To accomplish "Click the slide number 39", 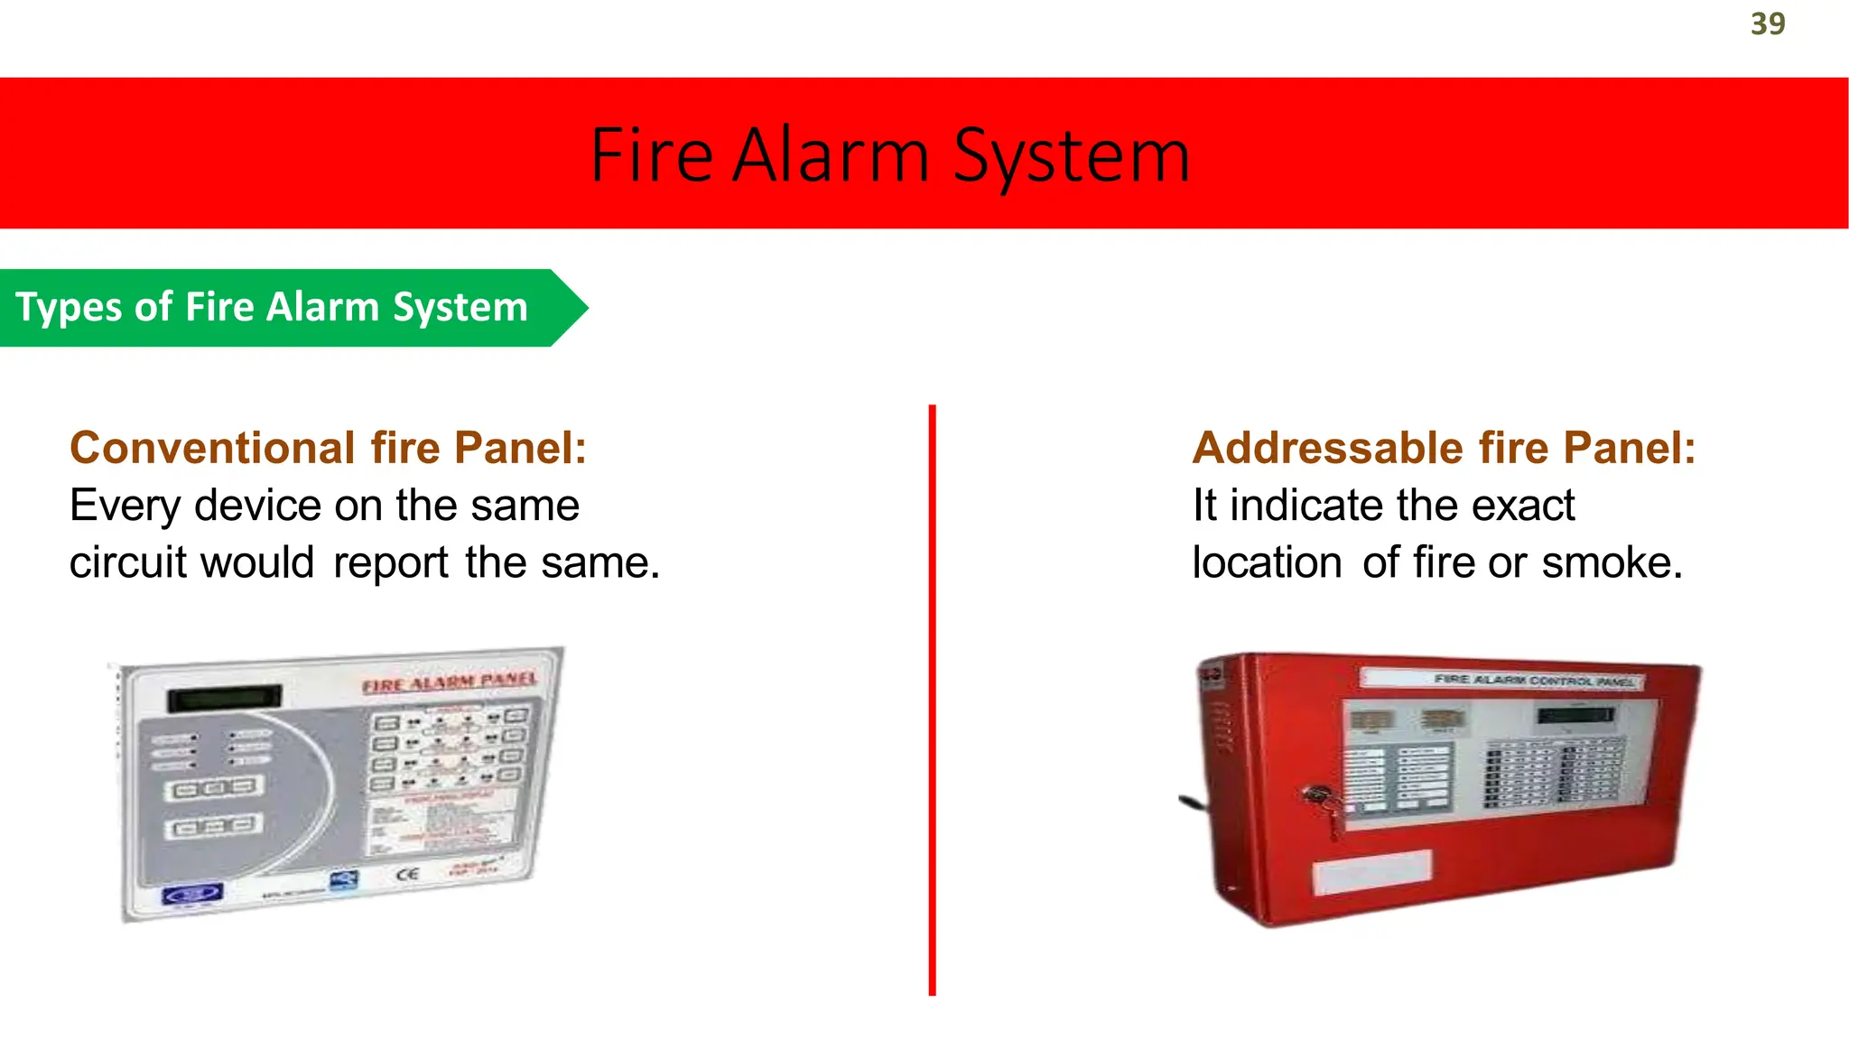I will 1767,24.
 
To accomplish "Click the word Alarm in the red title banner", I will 831,155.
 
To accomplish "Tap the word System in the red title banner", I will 1072,157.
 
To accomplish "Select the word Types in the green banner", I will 69,308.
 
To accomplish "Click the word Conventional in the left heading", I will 213,448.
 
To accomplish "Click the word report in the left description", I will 390,563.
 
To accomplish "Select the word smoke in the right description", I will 1612,562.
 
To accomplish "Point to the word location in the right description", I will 1267,562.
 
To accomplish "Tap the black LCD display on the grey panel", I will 224,697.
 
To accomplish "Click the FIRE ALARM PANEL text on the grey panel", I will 449,682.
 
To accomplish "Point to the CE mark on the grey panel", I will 407,873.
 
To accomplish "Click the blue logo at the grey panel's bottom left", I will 191,894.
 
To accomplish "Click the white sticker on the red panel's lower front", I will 1370,871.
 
